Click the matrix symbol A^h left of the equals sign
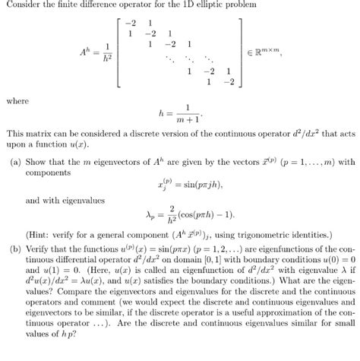85,52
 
